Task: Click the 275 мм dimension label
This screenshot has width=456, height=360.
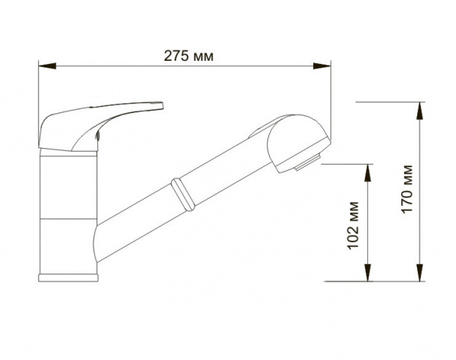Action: click(x=188, y=55)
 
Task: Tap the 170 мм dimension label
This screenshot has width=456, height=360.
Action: click(x=407, y=189)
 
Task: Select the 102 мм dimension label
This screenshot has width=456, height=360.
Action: click(x=353, y=225)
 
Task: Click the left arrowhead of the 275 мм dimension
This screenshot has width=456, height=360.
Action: click(x=47, y=66)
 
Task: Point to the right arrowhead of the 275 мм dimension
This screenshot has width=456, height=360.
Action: click(x=322, y=66)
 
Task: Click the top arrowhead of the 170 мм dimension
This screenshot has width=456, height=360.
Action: click(x=420, y=111)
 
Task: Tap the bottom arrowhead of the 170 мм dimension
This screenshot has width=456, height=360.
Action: click(x=420, y=273)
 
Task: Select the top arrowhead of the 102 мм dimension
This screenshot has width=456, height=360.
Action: click(x=368, y=173)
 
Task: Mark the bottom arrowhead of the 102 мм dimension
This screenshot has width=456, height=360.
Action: click(x=368, y=273)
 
